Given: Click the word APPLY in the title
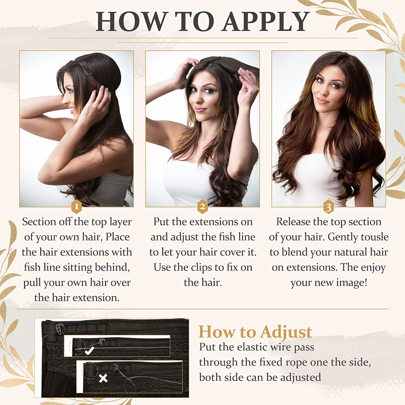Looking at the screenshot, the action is coord(266,22).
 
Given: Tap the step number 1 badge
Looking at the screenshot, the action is coord(76,207).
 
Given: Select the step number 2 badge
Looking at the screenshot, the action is coord(202,207).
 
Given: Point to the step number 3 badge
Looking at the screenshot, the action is coord(329,207).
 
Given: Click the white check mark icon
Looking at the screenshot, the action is coord(89,351).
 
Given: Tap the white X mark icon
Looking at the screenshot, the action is coord(103,378).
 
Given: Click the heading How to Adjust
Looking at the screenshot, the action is coord(255,332).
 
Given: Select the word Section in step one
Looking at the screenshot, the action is coord(39,222).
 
